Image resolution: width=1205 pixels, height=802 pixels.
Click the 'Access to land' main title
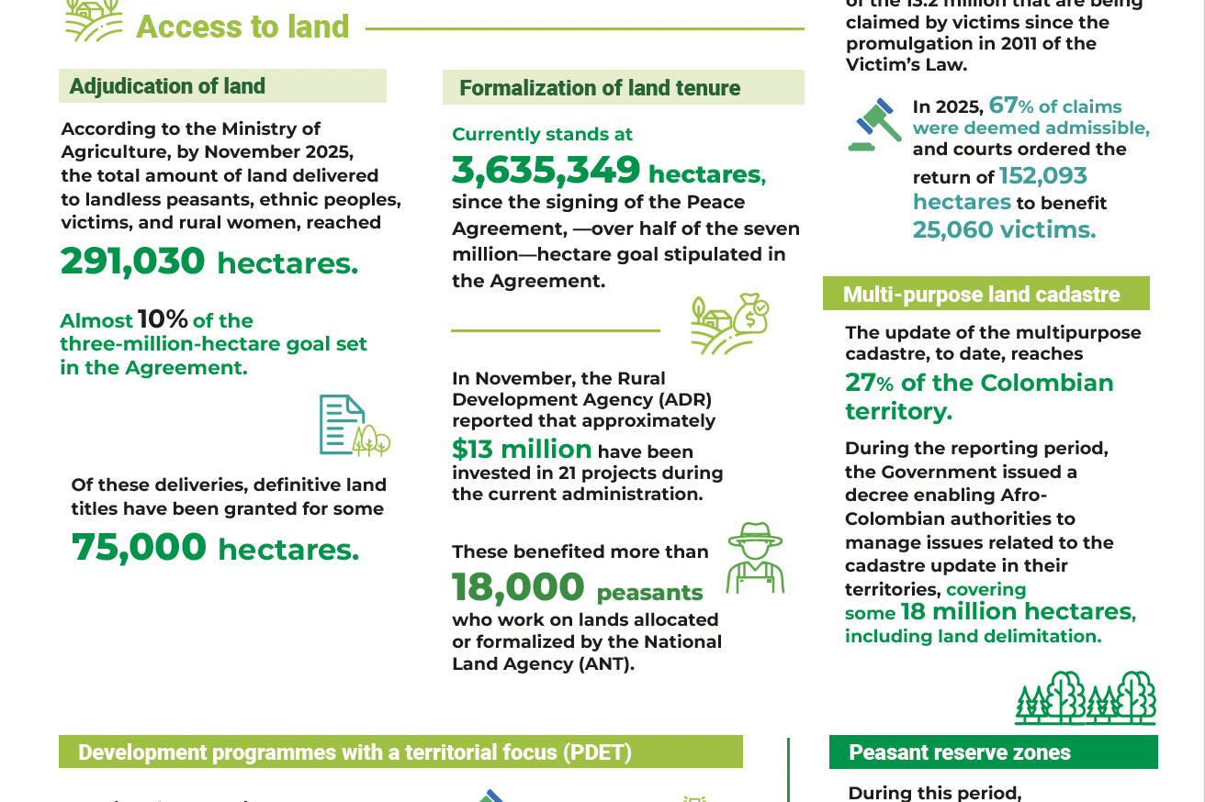242,26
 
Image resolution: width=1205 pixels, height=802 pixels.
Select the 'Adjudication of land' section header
167,86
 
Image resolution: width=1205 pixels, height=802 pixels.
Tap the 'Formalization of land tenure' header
600,88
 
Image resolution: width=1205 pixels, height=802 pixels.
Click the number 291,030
133,262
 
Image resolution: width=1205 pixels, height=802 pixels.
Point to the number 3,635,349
546,171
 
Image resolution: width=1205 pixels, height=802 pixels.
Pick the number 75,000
140,548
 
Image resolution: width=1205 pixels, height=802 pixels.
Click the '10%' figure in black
163,319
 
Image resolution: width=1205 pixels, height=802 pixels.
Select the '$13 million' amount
522,450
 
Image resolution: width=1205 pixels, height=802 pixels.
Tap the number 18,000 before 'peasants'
518,587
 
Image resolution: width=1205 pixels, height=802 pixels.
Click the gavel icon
874,124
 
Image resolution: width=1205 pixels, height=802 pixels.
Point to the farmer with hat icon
754,558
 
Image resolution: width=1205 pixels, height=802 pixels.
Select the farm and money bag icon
729,324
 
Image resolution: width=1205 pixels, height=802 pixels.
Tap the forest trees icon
1085,698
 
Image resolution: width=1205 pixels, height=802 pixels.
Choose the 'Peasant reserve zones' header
960,752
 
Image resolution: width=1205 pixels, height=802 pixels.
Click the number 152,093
1042,176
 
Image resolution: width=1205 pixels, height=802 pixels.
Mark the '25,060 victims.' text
1004,229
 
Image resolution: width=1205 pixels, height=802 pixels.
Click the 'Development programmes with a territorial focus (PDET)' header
355,752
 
